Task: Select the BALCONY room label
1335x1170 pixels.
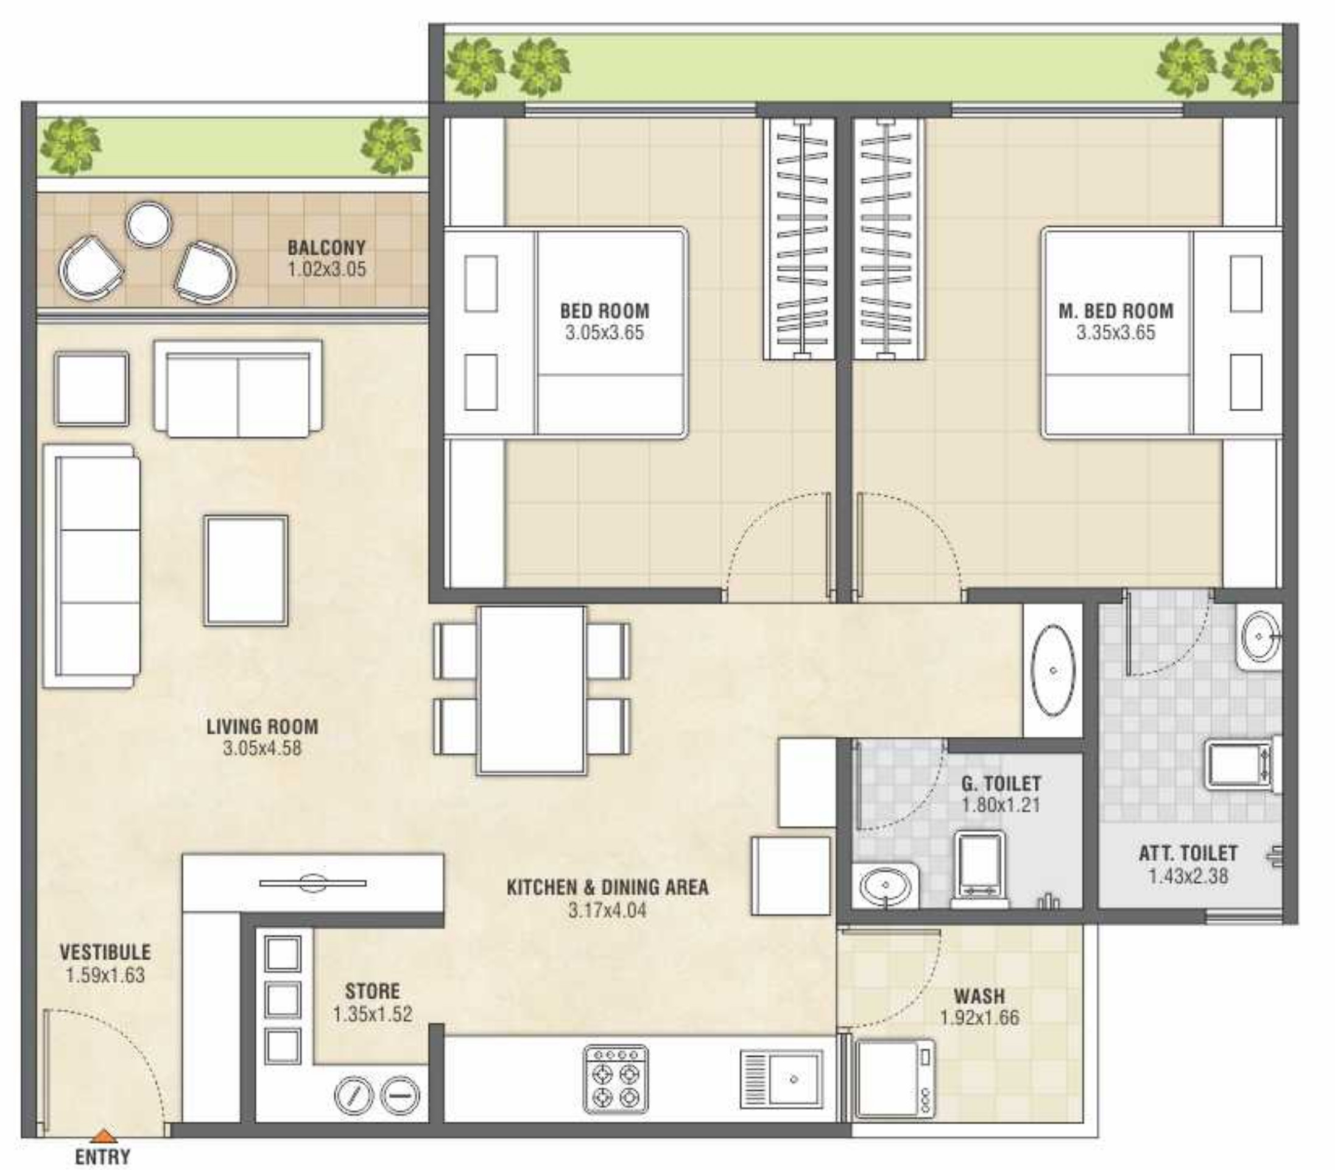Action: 326,248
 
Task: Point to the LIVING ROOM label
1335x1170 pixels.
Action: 262,726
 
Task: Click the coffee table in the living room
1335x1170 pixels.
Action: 246,570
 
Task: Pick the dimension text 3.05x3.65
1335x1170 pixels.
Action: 604,332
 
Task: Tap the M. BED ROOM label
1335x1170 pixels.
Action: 1116,311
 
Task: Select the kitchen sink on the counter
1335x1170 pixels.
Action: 781,1079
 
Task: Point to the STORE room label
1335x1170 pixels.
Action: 373,991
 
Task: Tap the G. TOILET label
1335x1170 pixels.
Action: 1001,783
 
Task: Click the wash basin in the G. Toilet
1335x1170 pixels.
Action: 886,885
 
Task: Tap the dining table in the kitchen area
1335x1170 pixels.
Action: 531,690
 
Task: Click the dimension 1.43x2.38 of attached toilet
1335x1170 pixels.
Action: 1189,876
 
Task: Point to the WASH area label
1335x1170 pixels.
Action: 979,996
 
